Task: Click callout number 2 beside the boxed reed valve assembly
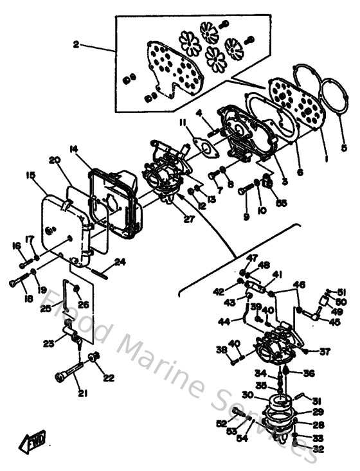[x=76, y=45]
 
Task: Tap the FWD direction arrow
[x=32, y=443]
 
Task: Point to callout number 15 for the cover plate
[x=30, y=175]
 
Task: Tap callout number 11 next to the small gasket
[x=183, y=122]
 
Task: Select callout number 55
[x=281, y=203]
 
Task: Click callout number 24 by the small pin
[x=119, y=262]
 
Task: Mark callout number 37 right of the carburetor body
[x=325, y=351]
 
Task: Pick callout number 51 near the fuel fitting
[x=341, y=291]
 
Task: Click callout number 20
[x=53, y=160]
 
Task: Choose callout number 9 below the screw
[x=246, y=217]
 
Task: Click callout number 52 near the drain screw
[x=221, y=423]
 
